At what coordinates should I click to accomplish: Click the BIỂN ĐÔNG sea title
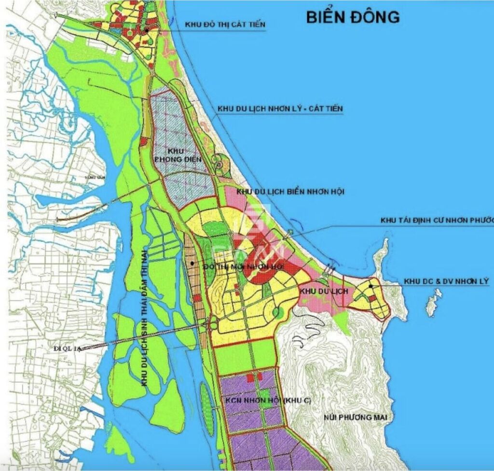[x=353, y=16]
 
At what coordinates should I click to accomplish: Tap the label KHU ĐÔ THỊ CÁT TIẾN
[x=225, y=25]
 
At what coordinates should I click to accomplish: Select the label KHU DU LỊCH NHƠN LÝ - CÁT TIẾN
[x=280, y=109]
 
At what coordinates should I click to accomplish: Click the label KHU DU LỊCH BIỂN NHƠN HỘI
[x=290, y=192]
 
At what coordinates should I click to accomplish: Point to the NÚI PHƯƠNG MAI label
[x=356, y=417]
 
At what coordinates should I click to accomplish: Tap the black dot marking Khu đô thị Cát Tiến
[x=146, y=30]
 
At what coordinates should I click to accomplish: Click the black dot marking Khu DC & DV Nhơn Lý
[x=370, y=286]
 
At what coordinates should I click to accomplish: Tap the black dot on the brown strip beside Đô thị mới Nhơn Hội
[x=192, y=263]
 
